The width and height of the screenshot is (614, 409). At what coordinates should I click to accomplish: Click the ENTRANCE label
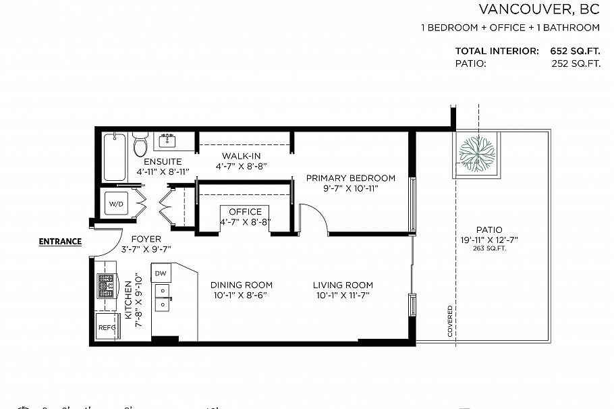pos(60,242)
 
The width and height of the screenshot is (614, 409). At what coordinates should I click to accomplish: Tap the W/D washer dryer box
pos(116,203)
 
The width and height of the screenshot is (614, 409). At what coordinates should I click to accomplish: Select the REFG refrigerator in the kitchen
pos(107,327)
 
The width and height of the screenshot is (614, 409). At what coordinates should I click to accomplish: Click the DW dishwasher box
pos(161,273)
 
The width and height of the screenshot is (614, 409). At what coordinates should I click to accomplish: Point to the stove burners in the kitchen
pos(107,285)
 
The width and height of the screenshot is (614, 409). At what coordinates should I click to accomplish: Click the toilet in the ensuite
pos(140,145)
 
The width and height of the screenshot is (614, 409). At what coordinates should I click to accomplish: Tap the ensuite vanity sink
pos(167,140)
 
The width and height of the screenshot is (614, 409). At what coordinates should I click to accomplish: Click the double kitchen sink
pos(162,298)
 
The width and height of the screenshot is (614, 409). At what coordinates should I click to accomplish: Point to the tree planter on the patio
pos(477,153)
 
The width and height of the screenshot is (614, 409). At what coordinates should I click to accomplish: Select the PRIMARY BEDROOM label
pos(350,178)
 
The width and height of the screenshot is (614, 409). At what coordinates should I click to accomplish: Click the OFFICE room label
pos(245,212)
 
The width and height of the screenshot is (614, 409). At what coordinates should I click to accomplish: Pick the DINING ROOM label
pos(241,285)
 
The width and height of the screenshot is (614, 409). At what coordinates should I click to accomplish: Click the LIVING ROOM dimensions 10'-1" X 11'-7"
pos(343,296)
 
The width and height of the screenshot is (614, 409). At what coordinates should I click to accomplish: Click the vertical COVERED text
pos(450,321)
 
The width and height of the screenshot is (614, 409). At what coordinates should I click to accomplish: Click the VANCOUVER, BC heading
pos(539,9)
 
